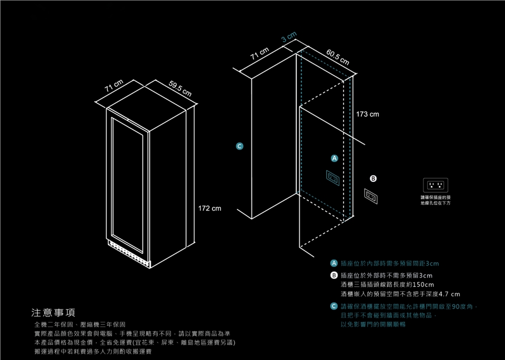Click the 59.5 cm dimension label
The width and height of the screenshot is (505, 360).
180,89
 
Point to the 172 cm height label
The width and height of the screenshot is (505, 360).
209,209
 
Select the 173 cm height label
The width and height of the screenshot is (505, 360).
367,114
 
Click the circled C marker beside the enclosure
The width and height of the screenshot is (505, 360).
239,146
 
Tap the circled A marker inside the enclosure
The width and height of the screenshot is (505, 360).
334,158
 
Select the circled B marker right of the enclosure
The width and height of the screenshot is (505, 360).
373,179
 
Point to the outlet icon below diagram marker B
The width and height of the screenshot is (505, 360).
371,196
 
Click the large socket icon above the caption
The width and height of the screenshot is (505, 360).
436,185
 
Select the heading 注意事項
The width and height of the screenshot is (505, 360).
54,313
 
